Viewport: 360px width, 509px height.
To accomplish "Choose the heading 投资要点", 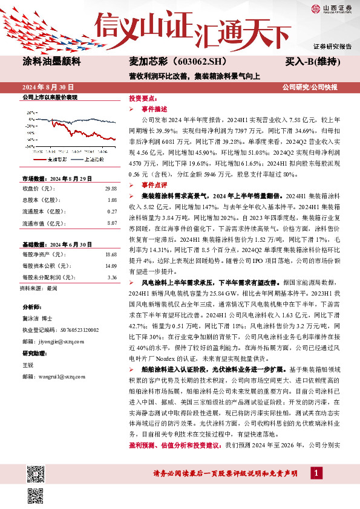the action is [x=143, y=98].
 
